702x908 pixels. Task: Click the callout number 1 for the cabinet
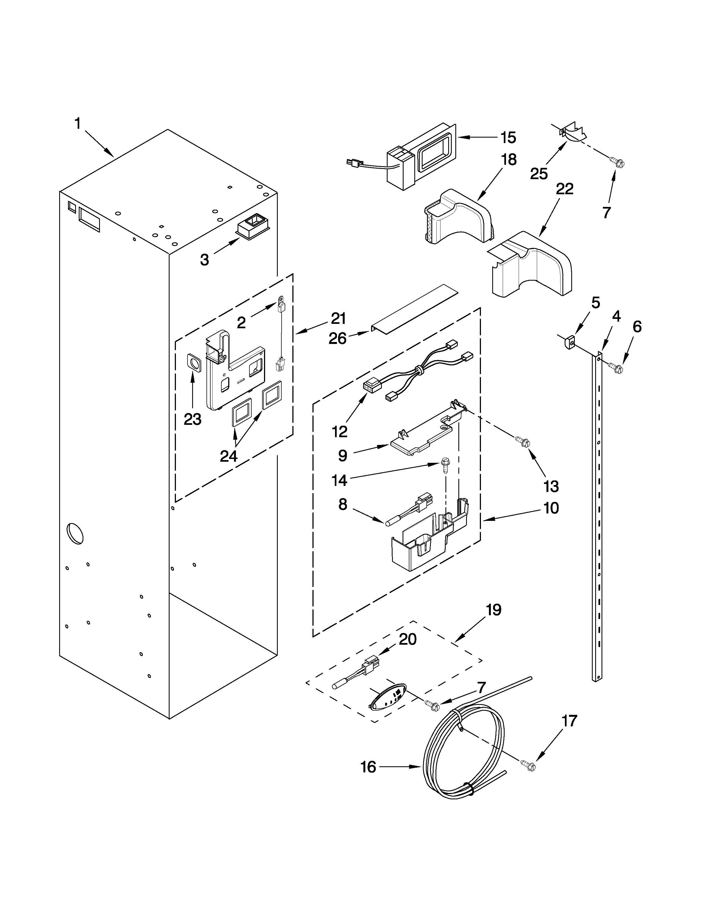(x=77, y=124)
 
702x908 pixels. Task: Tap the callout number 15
(x=508, y=138)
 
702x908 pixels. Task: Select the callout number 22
(x=564, y=189)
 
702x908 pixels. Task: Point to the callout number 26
(x=337, y=339)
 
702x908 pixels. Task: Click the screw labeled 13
(x=522, y=442)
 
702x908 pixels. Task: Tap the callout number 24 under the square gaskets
(x=228, y=456)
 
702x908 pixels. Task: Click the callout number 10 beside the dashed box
(x=551, y=508)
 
